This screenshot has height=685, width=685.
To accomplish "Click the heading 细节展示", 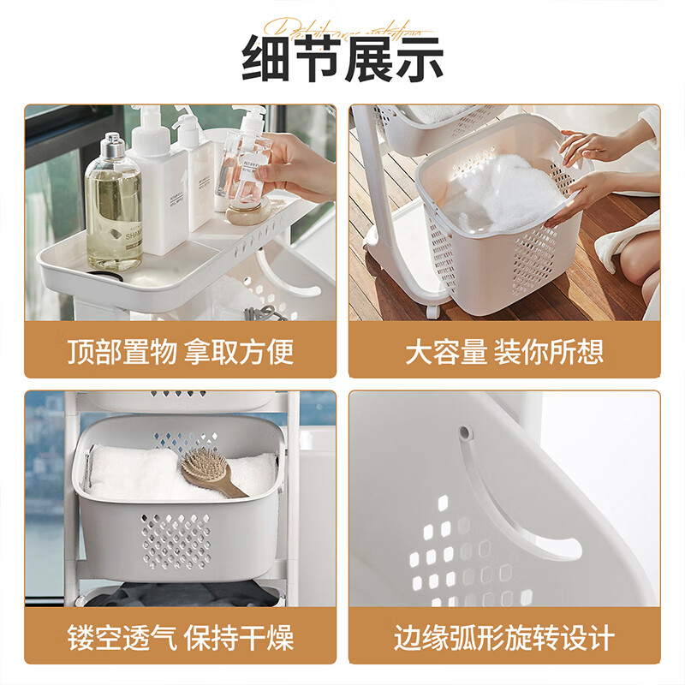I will point(342,58).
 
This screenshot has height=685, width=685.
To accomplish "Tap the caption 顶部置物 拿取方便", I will point(180,351).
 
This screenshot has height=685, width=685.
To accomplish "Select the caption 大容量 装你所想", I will point(504,351).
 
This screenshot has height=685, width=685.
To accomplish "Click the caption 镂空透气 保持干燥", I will point(180,637).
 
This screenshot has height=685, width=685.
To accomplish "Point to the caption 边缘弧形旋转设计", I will point(504,637).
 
